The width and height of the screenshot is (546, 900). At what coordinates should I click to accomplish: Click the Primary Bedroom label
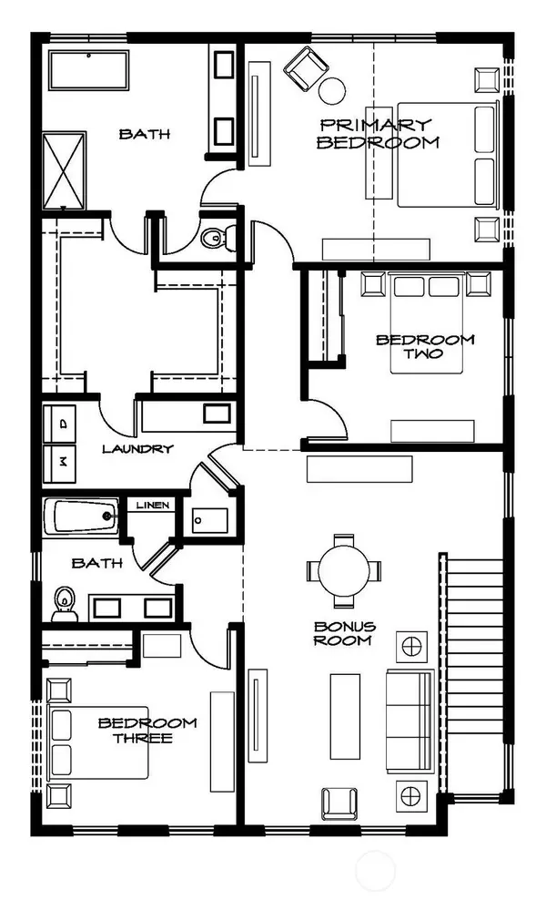[374, 133]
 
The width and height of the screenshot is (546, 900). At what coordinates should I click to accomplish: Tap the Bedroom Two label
[425, 346]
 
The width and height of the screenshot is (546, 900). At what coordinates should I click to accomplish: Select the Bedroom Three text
[147, 730]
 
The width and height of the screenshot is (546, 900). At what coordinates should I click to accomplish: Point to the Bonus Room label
[342, 633]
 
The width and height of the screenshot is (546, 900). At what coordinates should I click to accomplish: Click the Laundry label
[137, 448]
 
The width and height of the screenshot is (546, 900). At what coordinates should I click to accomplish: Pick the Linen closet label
[153, 505]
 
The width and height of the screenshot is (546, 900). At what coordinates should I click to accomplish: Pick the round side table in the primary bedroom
[332, 89]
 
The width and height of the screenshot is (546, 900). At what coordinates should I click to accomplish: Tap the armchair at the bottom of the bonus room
[339, 802]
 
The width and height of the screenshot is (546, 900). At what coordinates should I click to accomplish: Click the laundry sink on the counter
[216, 414]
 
